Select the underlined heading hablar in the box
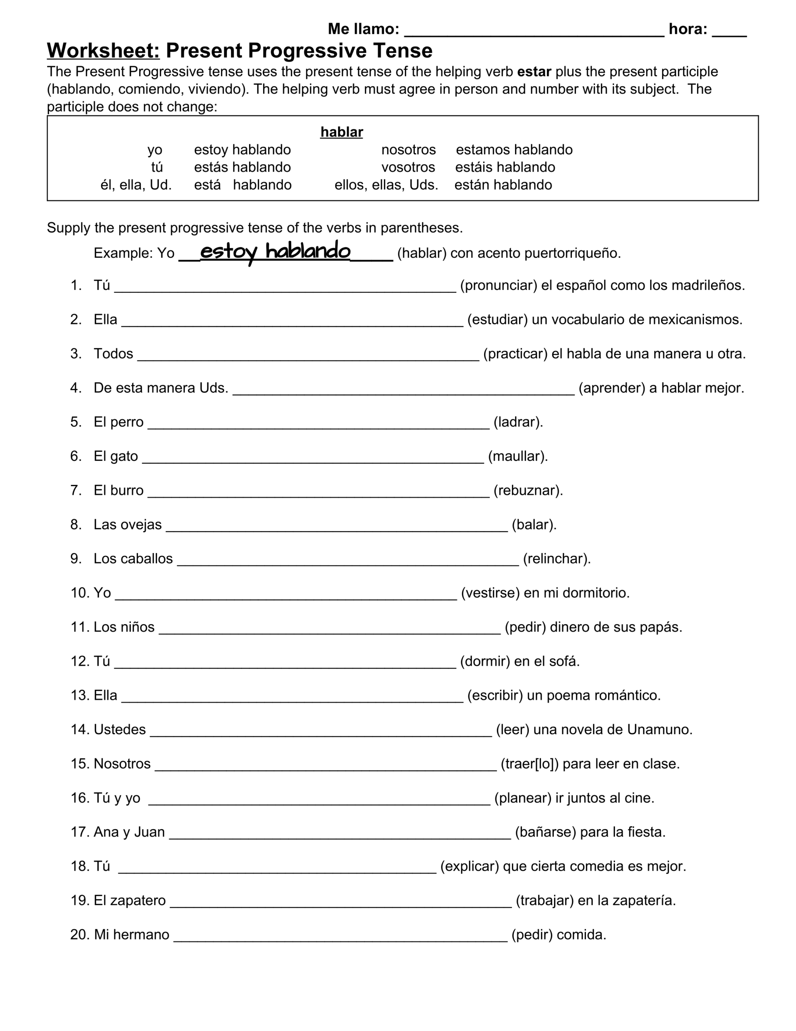coord(341,132)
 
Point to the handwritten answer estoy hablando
coord(275,251)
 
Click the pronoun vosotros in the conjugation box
coord(408,167)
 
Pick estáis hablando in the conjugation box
coord(505,167)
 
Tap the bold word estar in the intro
coord(534,72)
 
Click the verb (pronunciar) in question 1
coord(499,286)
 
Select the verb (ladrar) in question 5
coord(518,422)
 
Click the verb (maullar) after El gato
coord(518,456)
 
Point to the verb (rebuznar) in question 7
coord(528,491)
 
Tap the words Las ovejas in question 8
coord(128,524)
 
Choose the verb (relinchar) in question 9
coord(557,559)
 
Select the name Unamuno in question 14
coord(659,730)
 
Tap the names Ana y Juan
coord(129,832)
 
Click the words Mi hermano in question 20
coord(131,935)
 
